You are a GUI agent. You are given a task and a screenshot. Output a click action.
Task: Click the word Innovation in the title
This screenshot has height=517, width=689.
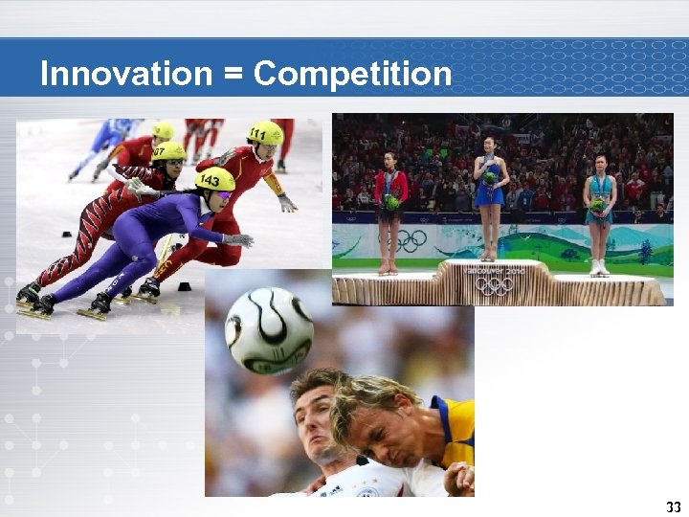(x=125, y=74)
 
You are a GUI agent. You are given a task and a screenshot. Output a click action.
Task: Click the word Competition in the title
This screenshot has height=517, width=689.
(x=353, y=74)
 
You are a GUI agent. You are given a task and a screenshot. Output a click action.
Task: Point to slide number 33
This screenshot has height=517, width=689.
(x=673, y=506)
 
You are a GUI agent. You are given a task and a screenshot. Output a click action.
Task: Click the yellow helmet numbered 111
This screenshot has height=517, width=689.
(x=265, y=132)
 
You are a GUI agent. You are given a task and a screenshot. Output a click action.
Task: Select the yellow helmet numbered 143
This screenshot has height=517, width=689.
(x=215, y=179)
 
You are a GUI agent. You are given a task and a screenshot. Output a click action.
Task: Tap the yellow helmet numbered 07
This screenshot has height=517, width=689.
(x=169, y=151)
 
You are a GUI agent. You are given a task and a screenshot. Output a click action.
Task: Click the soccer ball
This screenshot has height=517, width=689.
(x=269, y=330)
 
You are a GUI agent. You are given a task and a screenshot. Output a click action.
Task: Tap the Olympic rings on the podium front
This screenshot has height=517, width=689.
(x=494, y=286)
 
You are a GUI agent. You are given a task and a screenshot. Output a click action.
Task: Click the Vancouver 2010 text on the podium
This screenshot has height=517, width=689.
(x=494, y=272)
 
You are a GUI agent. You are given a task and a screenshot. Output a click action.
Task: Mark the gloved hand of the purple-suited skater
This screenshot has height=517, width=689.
(x=239, y=240)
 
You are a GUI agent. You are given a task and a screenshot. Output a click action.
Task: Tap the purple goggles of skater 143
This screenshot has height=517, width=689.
(x=223, y=194)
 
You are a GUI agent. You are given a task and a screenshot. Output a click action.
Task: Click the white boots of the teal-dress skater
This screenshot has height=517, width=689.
(x=600, y=267)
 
